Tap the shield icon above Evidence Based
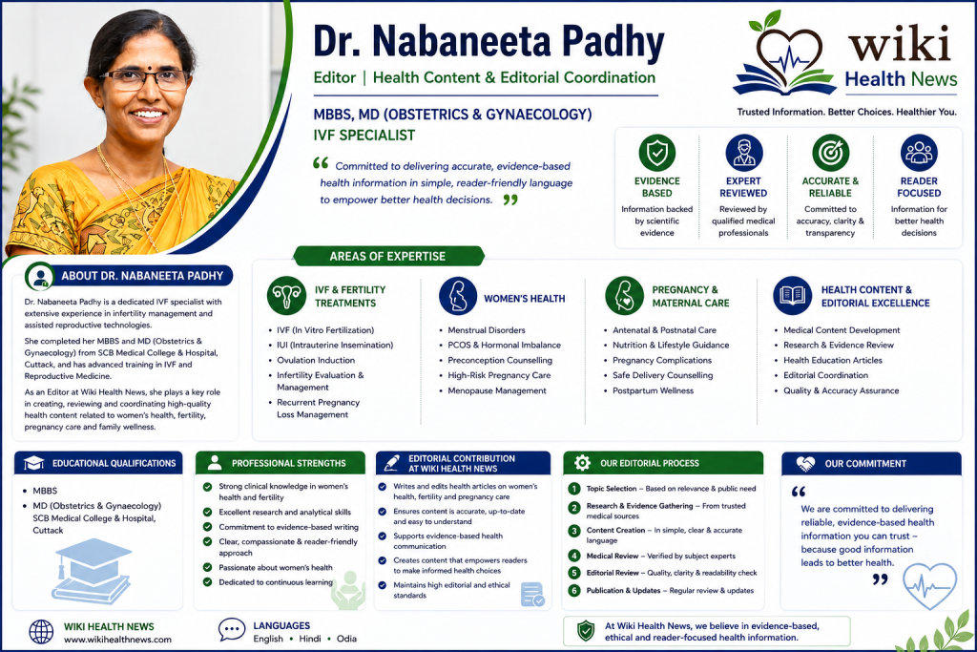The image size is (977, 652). [x=656, y=153]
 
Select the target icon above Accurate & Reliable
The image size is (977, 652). [x=831, y=153]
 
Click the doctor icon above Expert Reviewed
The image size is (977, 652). [x=744, y=153]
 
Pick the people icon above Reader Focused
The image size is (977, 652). [x=919, y=153]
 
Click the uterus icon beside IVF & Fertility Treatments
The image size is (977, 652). [x=286, y=296]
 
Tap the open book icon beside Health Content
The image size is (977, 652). [x=793, y=296]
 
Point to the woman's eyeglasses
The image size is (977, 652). [x=145, y=80]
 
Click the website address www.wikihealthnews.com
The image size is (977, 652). [x=117, y=640]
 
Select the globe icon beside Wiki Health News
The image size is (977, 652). [x=41, y=632]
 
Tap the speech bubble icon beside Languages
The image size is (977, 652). [x=232, y=629]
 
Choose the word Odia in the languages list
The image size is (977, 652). [x=346, y=639]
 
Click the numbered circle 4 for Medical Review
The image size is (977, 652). [x=573, y=556]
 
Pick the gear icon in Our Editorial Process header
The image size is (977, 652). [x=582, y=462]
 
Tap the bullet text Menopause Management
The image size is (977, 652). [x=496, y=390]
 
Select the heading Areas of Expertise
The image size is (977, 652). [x=387, y=256]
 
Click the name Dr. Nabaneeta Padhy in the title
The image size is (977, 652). [x=488, y=41]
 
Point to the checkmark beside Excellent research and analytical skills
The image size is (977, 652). [x=207, y=512]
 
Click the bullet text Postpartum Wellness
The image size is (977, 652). [x=653, y=390]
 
